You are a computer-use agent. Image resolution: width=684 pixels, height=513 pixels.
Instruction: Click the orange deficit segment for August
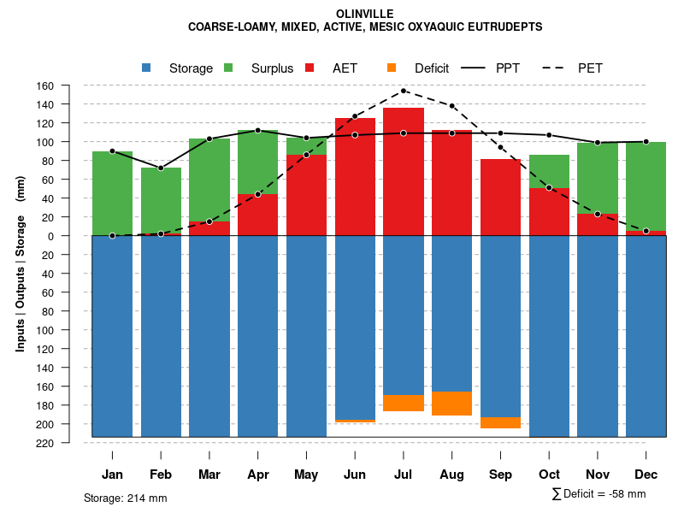[x=452, y=404]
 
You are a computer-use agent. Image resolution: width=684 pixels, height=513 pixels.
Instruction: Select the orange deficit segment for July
[x=404, y=403]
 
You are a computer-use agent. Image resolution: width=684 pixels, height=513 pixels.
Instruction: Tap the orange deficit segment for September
[x=501, y=422]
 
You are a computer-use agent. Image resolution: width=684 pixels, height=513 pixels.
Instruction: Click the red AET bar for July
[x=404, y=171]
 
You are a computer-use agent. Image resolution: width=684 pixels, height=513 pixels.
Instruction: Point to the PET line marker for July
[x=404, y=91]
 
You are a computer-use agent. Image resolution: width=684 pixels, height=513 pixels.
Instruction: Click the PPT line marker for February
[x=161, y=168]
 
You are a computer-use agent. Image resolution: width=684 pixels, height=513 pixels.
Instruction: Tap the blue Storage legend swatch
[x=146, y=68]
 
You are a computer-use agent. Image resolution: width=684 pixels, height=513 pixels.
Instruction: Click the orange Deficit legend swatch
[x=392, y=68]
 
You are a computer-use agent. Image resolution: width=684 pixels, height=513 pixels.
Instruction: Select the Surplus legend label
[x=272, y=68]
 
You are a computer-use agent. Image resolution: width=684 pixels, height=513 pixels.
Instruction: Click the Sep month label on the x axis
[x=501, y=475]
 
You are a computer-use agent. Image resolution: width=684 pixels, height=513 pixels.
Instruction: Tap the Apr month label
[x=257, y=475]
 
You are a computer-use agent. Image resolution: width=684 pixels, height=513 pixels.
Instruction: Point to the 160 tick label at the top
[x=69, y=85]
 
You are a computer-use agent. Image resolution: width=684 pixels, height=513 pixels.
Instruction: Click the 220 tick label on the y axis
[x=69, y=443]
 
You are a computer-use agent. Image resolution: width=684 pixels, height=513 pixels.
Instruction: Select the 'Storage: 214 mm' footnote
[x=126, y=498]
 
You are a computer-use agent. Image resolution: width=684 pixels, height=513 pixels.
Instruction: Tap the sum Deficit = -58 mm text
[x=599, y=494]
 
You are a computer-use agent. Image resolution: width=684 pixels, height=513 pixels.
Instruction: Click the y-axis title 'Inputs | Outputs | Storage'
[x=21, y=282]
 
